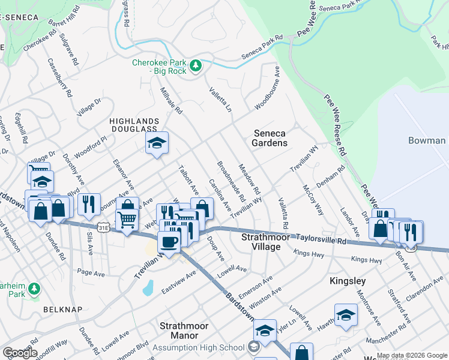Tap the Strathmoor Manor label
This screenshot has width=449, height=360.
(x=184, y=331)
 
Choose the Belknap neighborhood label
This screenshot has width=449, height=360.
(x=58, y=309)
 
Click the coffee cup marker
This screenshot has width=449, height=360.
(x=169, y=242)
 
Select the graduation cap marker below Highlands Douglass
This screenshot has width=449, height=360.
(x=157, y=143)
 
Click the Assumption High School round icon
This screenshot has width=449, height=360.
(x=254, y=347)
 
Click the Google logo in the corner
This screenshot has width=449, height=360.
(x=20, y=353)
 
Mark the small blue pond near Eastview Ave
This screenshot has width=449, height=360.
(x=148, y=289)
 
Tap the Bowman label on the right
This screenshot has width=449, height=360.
(x=427, y=140)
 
